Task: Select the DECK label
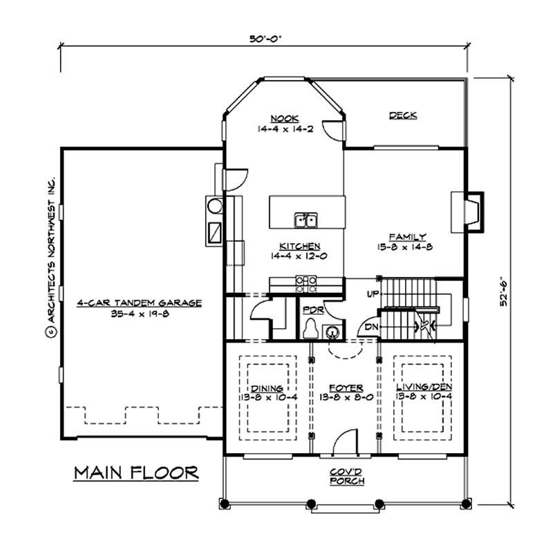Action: [x=402, y=116]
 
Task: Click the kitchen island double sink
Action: [x=305, y=220]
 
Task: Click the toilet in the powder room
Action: [x=312, y=327]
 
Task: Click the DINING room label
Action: [x=265, y=388]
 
